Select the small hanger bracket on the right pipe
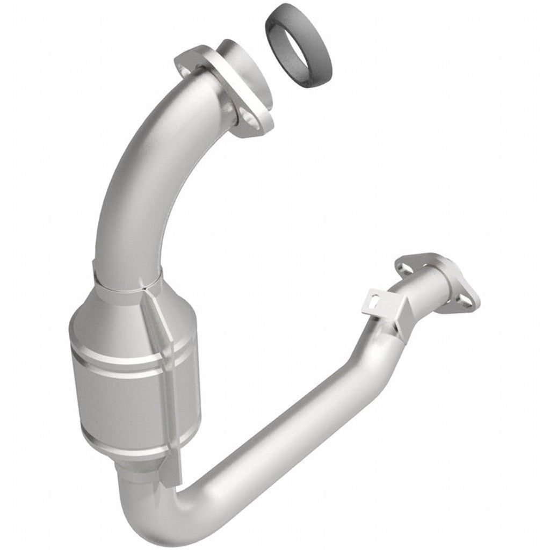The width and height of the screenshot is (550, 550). point(384,306)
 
